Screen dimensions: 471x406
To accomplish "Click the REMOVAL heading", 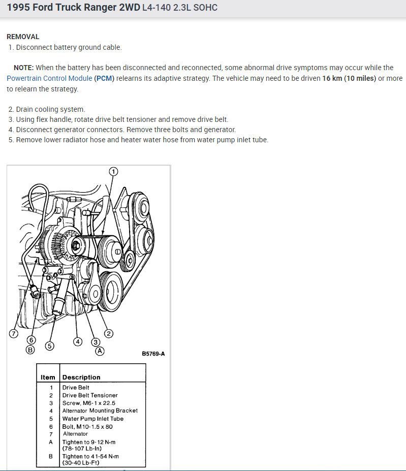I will click(x=23, y=37).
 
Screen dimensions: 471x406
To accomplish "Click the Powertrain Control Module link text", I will click(x=49, y=78).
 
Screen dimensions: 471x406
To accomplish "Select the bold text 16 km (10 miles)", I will click(x=349, y=78).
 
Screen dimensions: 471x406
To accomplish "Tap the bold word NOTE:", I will click(x=24, y=68).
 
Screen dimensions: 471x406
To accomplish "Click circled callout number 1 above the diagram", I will click(x=113, y=171).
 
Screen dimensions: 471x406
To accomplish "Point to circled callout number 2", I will click(x=109, y=333).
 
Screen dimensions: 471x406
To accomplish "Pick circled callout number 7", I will click(x=14, y=334).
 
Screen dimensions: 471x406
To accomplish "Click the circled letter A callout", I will click(x=100, y=351).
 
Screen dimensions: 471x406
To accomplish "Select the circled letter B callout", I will click(x=30, y=350).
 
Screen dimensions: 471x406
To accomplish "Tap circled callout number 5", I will click(x=49, y=346).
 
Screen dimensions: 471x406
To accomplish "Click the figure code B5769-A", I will click(x=153, y=354).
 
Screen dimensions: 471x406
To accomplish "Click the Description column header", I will click(x=81, y=378).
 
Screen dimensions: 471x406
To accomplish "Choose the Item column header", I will click(x=48, y=378).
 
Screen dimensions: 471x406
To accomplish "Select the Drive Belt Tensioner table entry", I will click(x=90, y=395).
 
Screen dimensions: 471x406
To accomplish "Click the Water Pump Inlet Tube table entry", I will click(x=93, y=419).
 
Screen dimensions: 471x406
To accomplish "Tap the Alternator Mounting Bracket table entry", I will click(x=100, y=411).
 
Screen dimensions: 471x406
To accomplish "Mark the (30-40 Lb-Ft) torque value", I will click(x=81, y=463).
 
